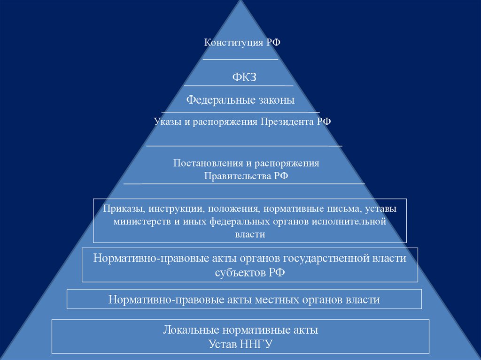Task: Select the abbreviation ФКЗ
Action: point(244,77)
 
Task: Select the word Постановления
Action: point(207,163)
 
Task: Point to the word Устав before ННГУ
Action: point(222,344)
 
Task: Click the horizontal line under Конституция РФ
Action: point(240,60)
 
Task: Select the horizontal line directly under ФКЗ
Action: point(238,86)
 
